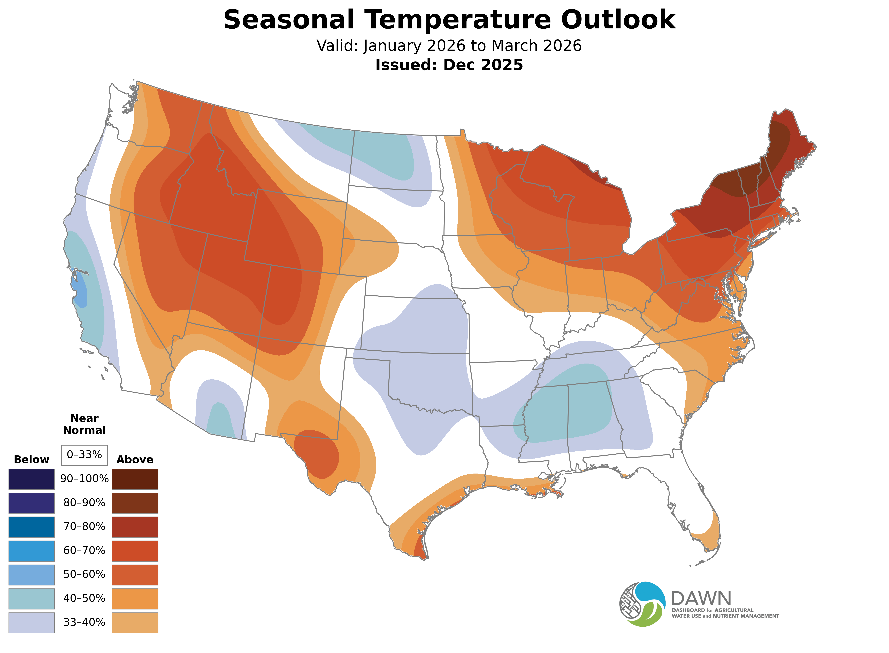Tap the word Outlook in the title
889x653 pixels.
click(x=618, y=20)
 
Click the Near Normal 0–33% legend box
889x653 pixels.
click(x=84, y=455)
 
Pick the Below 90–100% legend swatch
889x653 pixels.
click(x=32, y=479)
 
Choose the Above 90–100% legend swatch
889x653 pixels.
click(x=135, y=479)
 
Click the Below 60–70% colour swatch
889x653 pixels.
click(x=32, y=551)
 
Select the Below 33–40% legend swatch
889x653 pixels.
click(x=32, y=622)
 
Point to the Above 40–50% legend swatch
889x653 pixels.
click(x=135, y=599)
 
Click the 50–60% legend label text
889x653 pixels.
click(x=84, y=574)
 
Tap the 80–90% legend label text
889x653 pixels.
click(x=84, y=503)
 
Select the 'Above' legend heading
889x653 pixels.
click(x=135, y=460)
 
